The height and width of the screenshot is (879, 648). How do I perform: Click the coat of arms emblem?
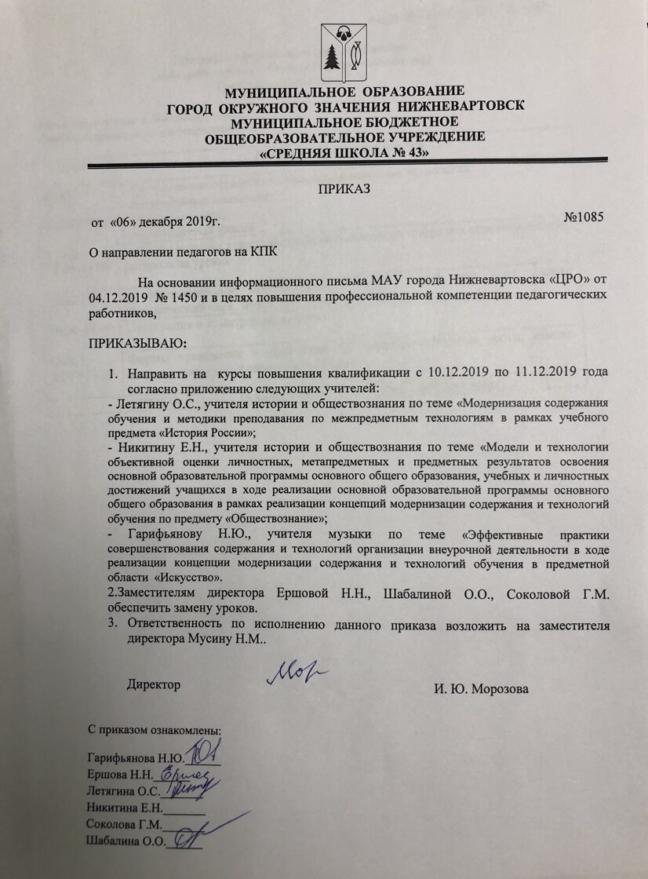pos(343,53)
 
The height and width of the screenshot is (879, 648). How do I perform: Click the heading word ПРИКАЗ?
pos(343,189)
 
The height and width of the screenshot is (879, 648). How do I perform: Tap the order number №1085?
pos(584,217)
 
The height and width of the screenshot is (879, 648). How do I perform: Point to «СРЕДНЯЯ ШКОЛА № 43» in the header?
pos(343,153)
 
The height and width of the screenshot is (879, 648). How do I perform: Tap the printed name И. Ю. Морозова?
pos(481,690)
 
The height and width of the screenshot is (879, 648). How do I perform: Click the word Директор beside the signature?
pos(154,684)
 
